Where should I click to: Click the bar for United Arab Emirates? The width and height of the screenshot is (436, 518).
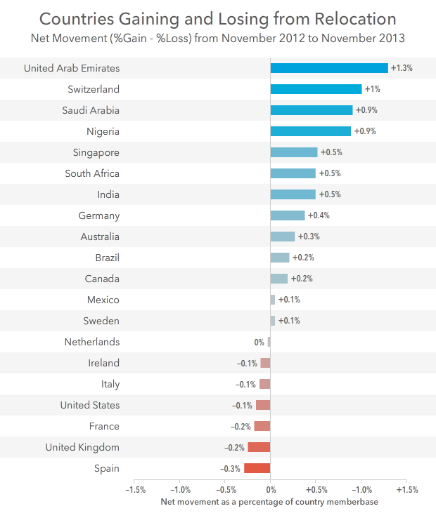tap(329, 68)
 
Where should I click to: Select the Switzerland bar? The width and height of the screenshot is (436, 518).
tap(316, 89)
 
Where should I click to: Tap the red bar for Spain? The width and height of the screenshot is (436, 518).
tap(257, 468)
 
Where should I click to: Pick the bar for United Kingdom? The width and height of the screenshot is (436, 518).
tap(259, 447)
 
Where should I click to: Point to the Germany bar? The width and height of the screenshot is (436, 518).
tap(288, 215)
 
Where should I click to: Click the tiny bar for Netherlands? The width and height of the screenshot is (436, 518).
tap(269, 342)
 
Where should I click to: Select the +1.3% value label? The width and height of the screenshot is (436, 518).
tap(401, 68)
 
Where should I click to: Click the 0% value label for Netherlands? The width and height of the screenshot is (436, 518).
tap(259, 343)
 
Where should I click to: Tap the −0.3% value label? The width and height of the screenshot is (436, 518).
tap(230, 469)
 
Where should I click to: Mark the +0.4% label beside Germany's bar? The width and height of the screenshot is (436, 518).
tap(319, 215)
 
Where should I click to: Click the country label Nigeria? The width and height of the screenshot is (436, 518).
tap(103, 131)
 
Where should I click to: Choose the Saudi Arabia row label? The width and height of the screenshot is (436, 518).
tap(91, 110)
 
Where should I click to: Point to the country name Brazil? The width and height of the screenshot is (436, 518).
tap(107, 258)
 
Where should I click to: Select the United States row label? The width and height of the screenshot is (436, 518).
tap(90, 405)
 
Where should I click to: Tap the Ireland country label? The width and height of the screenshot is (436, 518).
tap(104, 363)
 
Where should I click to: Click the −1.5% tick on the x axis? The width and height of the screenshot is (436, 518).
tap(134, 489)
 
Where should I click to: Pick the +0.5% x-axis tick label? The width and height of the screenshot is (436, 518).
tap(316, 489)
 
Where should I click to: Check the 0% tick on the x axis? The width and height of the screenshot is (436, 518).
tap(271, 489)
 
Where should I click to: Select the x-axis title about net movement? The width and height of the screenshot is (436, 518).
tap(270, 502)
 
